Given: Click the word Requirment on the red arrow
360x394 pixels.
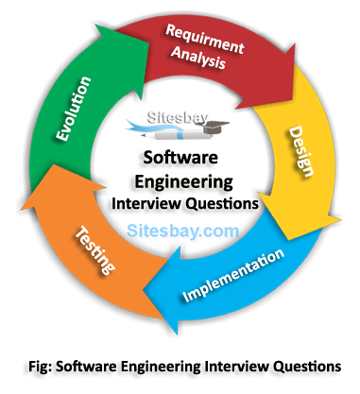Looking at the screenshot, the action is point(205,39).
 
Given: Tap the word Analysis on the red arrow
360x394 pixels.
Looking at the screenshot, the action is point(198,58).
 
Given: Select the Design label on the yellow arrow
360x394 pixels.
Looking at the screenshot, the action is point(301,151).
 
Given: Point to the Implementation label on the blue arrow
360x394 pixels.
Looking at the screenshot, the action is point(233,275).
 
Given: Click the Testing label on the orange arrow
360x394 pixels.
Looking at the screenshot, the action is point(95,249).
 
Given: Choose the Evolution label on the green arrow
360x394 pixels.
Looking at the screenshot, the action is point(74,109).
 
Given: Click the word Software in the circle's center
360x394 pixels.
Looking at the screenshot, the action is point(180,157).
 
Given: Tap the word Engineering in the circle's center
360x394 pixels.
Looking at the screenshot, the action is point(184,182).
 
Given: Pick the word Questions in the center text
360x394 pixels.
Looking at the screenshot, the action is point(222,204).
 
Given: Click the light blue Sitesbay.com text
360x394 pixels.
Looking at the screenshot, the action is point(182,231).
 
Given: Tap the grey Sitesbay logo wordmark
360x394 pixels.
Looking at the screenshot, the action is point(178,117).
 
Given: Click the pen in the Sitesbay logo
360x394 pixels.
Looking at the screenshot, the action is point(177,135).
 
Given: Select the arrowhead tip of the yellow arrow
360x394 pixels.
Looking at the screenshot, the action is point(341,218).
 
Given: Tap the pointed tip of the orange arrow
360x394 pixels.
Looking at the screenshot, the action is point(21,210).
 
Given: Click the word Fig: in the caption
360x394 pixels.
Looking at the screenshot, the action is point(41,367).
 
